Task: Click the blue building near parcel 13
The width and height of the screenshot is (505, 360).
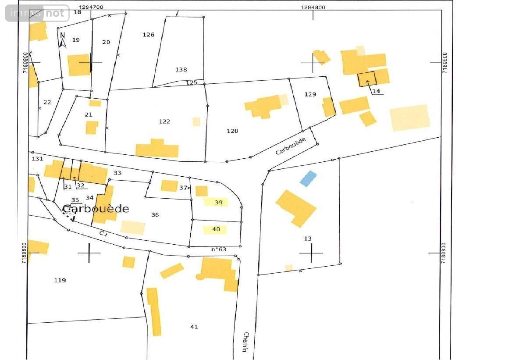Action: tap(308, 178)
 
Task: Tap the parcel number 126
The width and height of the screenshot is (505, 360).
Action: tap(149, 35)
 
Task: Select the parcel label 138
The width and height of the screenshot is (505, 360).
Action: tap(181, 69)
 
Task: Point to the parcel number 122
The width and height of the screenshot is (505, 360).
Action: tap(164, 121)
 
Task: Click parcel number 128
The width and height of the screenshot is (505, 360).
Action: tap(232, 131)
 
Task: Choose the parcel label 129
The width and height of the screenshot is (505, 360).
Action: tap(310, 94)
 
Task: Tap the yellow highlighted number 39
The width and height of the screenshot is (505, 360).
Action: tap(219, 202)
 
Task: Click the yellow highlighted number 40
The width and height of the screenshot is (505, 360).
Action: tap(216, 229)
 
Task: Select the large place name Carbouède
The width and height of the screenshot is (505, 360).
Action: tap(96, 209)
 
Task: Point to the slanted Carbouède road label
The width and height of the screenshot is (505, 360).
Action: tap(291, 146)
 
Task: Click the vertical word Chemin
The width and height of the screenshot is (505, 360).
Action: tap(245, 342)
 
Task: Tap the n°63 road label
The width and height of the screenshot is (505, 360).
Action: tap(219, 249)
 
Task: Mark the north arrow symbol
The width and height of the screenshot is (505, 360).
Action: tap(62, 39)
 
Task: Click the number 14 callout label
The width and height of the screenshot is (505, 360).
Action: tap(376, 91)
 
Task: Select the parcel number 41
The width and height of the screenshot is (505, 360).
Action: tap(194, 327)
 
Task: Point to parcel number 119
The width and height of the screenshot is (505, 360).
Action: tap(60, 280)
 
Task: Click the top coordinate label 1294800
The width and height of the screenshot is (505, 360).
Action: tap(313, 7)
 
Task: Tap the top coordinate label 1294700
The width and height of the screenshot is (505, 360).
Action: tap(92, 7)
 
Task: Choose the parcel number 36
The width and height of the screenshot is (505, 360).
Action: tap(155, 214)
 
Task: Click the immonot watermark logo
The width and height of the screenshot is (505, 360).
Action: tap(37, 13)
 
